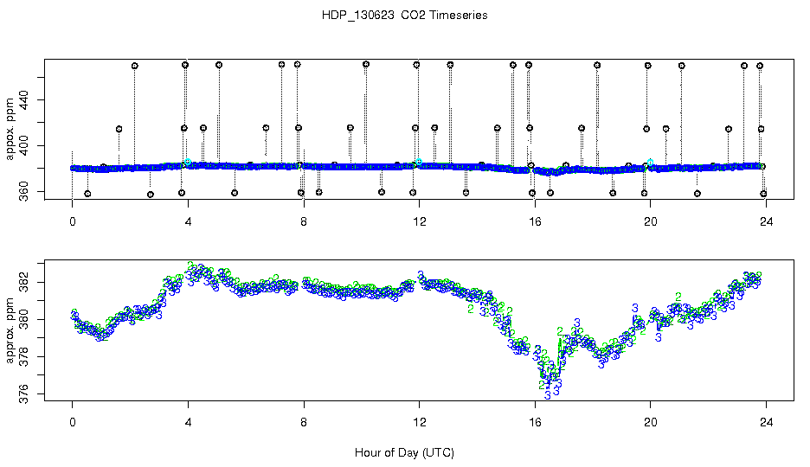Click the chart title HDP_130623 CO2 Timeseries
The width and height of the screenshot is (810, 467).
404,16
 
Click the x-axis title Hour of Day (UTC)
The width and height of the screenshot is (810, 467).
404,452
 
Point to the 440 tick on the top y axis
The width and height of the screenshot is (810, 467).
24,100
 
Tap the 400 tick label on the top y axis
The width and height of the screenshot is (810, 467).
24,145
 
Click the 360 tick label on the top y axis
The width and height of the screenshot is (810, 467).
24,191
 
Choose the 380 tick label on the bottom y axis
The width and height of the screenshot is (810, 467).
24,320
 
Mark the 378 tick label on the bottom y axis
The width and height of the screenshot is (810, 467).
24,357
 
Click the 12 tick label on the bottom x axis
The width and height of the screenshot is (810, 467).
419,424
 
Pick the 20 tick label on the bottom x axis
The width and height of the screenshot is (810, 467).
650,424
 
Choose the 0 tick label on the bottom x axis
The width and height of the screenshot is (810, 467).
73,424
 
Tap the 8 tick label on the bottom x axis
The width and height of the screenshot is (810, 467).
304,424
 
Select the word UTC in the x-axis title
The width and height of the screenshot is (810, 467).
437,452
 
